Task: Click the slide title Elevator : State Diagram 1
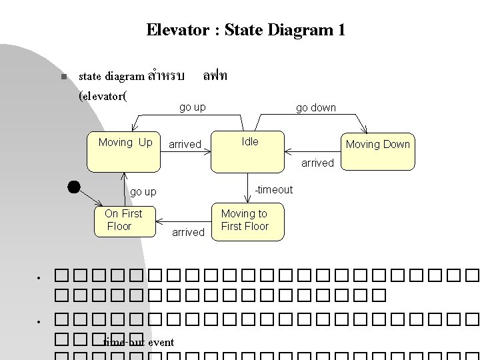tap(245, 30)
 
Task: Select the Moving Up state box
tap(125, 151)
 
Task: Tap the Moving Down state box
tap(377, 151)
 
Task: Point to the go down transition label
tap(316, 108)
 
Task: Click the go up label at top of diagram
tap(193, 107)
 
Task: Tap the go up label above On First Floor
tap(143, 192)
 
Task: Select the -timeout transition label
tap(273, 190)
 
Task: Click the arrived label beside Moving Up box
tap(185, 145)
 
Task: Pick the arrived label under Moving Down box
tap(317, 163)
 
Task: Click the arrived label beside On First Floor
tap(188, 232)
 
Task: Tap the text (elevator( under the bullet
tap(103, 96)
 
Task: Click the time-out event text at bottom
tap(139, 343)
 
